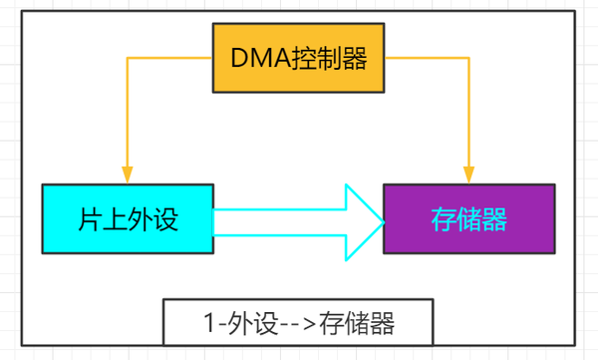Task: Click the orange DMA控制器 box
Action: pyautogui.click(x=300, y=58)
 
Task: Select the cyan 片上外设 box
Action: pyautogui.click(x=128, y=218)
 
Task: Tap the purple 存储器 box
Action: pyautogui.click(x=468, y=218)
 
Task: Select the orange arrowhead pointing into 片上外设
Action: pyautogui.click(x=128, y=176)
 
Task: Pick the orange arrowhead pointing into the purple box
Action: pyautogui.click(x=468, y=176)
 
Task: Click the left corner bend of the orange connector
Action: pyautogui.click(x=128, y=58)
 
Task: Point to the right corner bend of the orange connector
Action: pyautogui.click(x=468, y=58)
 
